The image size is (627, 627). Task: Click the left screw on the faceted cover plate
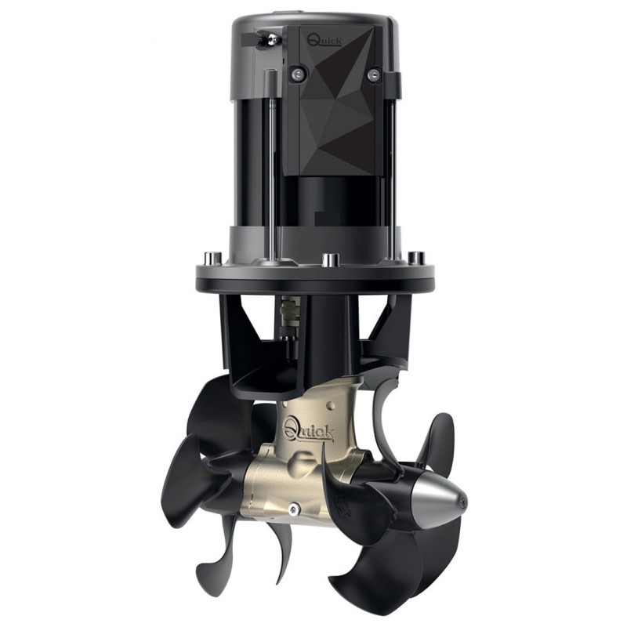[x=296, y=74]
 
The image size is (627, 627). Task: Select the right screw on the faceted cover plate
[x=374, y=74]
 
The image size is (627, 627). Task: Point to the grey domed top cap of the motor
[x=313, y=20]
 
